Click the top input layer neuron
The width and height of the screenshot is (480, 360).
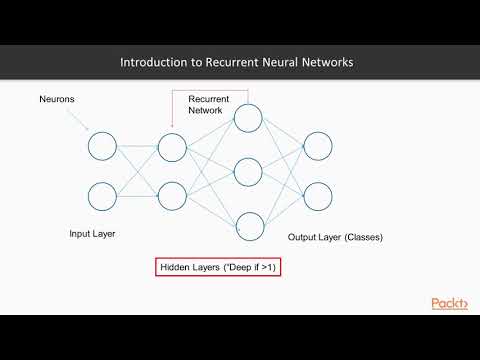[x=102, y=148]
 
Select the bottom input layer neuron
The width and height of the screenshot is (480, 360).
[x=102, y=194]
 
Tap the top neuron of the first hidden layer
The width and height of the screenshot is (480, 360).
[x=172, y=148]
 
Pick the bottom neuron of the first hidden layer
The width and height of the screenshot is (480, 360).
[x=172, y=194]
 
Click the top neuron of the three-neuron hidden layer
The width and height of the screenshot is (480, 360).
[x=247, y=119]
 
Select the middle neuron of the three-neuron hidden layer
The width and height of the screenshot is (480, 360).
[x=247, y=171]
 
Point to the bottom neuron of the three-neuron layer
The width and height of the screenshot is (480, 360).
[x=247, y=224]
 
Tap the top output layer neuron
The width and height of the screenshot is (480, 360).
[x=318, y=148]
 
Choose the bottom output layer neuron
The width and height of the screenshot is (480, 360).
[x=318, y=194]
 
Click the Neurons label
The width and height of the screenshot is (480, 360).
[x=57, y=99]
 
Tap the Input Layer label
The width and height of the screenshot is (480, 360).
[x=94, y=234]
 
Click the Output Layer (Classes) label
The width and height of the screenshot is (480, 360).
[x=335, y=237]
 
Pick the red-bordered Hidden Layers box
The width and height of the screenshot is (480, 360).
[x=217, y=267]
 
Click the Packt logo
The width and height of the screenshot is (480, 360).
[x=449, y=303]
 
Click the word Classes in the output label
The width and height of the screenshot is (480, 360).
[x=362, y=237]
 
